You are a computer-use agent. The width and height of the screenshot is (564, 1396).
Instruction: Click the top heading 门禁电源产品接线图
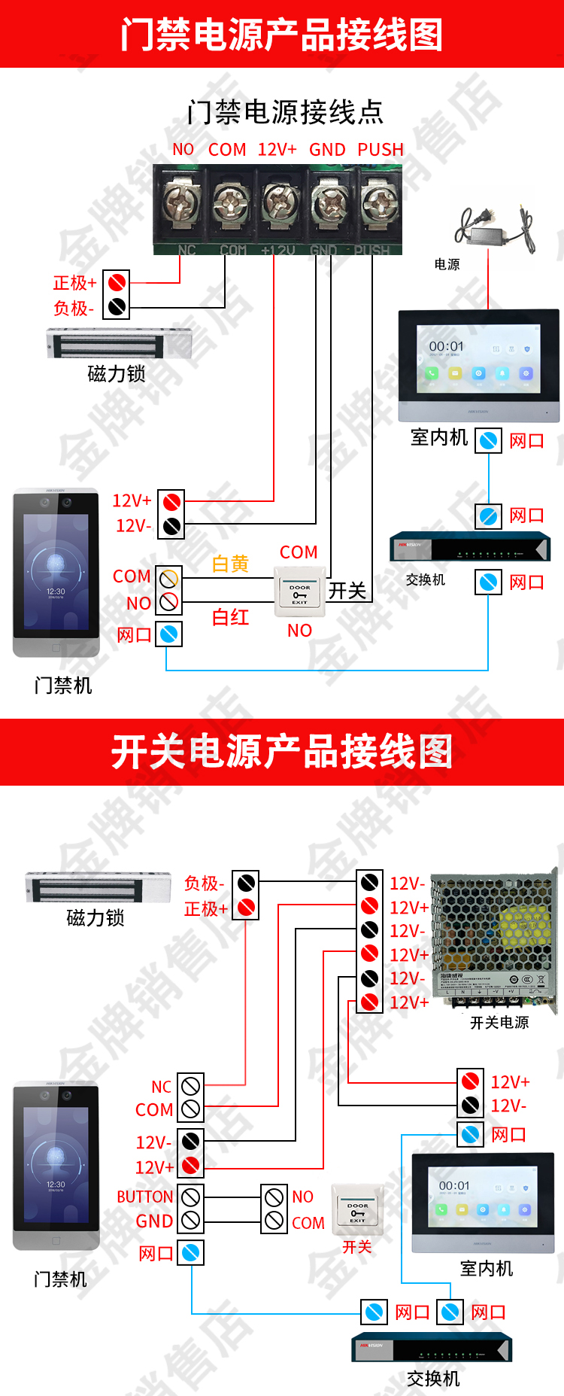coord(282,35)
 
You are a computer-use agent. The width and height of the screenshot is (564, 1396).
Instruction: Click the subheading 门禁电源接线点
coord(286,112)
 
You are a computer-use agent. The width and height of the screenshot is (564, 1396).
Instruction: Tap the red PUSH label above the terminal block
coord(381,150)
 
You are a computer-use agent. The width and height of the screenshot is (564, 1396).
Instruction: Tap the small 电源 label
coord(447,264)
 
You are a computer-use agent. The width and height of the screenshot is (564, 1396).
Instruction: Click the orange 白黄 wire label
coord(230,564)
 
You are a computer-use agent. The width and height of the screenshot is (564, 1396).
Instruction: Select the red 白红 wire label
coord(230,617)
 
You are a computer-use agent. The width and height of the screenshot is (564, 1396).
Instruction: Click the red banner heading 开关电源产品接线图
coord(282,752)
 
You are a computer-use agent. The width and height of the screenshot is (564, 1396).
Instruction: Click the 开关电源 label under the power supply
coord(499,1023)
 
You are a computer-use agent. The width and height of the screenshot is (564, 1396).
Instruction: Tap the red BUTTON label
coord(145,1197)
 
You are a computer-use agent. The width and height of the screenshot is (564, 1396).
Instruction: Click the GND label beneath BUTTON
coord(154,1221)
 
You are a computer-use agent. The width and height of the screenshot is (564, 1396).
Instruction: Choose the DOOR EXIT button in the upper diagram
coord(300,592)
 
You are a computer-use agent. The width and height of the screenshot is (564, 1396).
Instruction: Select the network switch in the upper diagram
coord(470,547)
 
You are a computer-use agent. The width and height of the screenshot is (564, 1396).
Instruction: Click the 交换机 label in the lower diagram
coord(433,1379)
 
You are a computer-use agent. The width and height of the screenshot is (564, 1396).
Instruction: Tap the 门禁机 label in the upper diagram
coord(63,686)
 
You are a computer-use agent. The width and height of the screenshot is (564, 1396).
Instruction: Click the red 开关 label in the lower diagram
coord(357,1247)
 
